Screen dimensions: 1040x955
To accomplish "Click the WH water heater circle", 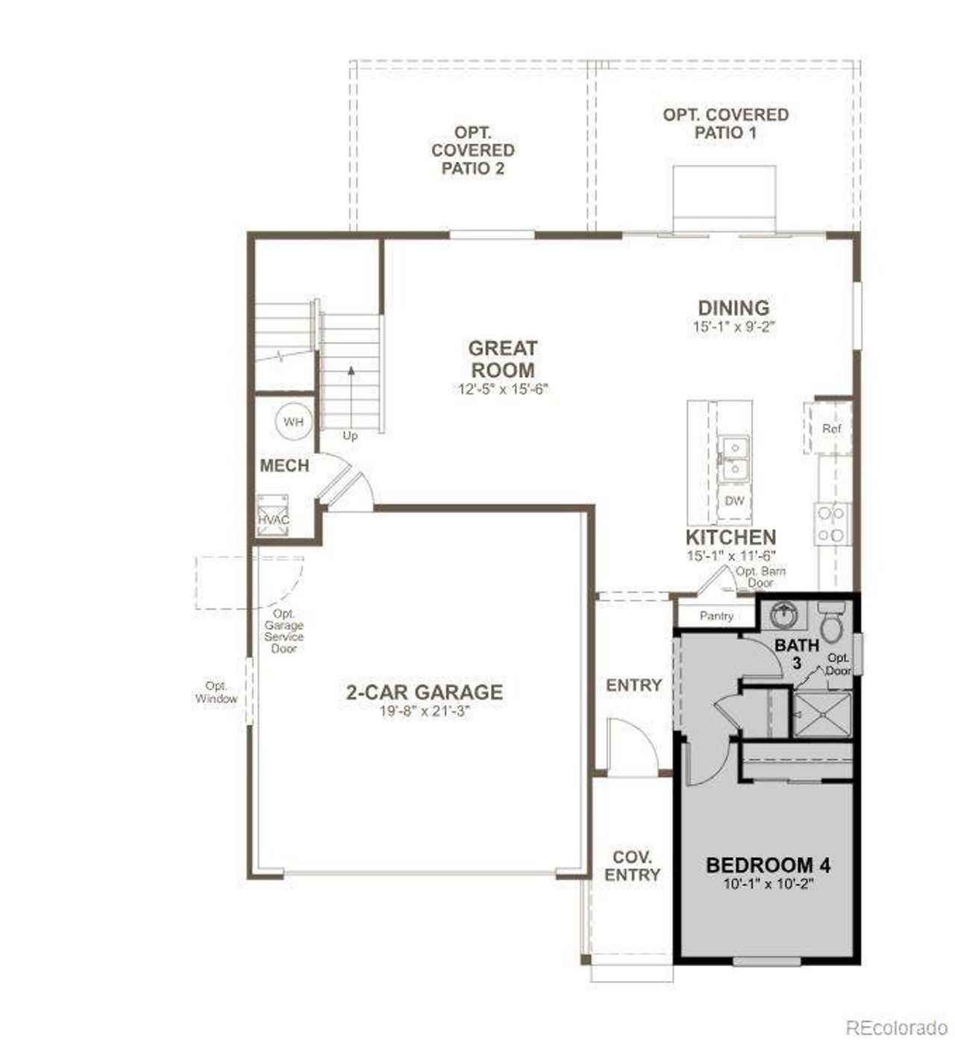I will pos(293,422).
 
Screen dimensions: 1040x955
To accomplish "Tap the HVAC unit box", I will pos(273,515).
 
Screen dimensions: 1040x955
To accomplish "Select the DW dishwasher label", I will pos(734,501).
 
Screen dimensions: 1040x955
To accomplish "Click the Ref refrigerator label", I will pos(831,429).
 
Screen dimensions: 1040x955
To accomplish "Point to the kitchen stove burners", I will pos(831,523).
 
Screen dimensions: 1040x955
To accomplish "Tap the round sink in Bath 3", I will pos(783,616).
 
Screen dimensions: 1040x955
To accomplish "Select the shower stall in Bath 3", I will pos(821,714).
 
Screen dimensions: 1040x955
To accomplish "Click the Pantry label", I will pos(716,616).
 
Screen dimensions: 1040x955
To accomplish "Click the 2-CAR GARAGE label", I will pos(424,692).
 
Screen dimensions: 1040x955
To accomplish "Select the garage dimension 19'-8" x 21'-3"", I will pos(424,712).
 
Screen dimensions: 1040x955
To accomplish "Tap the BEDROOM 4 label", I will pos(768,865).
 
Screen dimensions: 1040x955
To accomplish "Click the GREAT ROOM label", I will pos(502,359).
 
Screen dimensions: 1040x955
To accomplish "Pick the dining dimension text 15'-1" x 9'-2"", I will pos(734,326).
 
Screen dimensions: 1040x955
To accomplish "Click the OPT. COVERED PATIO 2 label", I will pos(473,150).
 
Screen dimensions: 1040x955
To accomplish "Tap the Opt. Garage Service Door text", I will pos(284,631).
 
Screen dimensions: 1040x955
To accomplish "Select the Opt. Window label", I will pos(216,692).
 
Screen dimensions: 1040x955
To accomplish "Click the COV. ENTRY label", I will pos(632,866).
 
